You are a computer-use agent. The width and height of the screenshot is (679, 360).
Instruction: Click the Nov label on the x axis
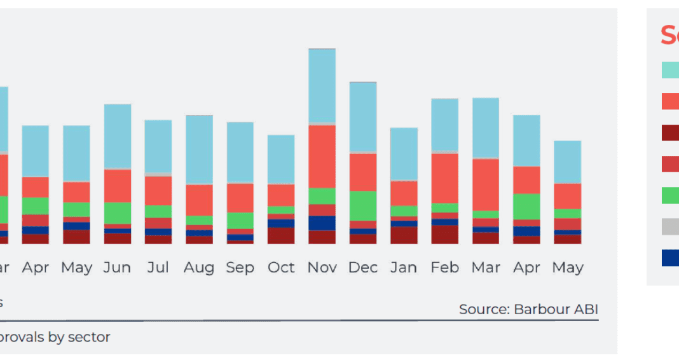coord(322,268)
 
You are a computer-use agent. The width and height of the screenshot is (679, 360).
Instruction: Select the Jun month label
coord(117,268)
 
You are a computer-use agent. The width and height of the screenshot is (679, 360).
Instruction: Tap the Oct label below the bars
coord(281,268)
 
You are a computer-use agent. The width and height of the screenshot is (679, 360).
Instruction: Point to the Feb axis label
coord(444,268)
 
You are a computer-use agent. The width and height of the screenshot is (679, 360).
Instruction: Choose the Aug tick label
coord(199,268)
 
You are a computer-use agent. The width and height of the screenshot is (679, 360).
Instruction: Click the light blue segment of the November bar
coord(322,85)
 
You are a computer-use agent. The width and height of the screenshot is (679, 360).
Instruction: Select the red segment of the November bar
coord(322,156)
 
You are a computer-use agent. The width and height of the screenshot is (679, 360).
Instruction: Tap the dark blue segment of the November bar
coord(322,223)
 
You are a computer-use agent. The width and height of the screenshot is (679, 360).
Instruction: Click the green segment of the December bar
coord(363,205)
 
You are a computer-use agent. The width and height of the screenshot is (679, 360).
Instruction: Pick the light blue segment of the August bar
coord(199,149)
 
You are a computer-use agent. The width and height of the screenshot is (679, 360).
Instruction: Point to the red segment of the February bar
coord(444,178)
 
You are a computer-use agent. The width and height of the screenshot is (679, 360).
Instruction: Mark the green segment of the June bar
coord(117,212)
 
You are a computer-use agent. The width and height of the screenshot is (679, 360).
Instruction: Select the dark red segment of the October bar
coord(281,235)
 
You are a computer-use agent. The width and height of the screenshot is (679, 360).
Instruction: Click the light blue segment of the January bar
coord(404,154)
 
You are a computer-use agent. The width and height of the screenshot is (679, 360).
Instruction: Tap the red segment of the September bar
coord(240,197)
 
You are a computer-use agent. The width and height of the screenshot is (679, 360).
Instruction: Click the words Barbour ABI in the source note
coord(556,310)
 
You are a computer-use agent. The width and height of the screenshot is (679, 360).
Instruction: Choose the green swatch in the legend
coord(670,195)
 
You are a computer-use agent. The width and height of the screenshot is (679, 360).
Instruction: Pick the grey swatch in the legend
coord(670,226)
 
